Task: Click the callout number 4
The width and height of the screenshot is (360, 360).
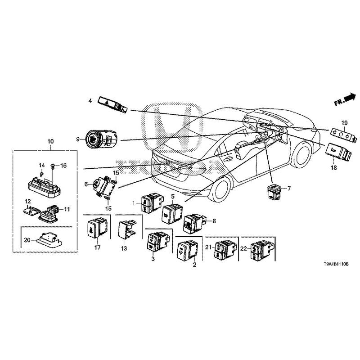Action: coord(90,101)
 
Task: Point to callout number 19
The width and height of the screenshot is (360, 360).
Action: coord(344,122)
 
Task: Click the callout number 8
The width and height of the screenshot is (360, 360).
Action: coord(214,220)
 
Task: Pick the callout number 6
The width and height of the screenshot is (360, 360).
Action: coord(86,184)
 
